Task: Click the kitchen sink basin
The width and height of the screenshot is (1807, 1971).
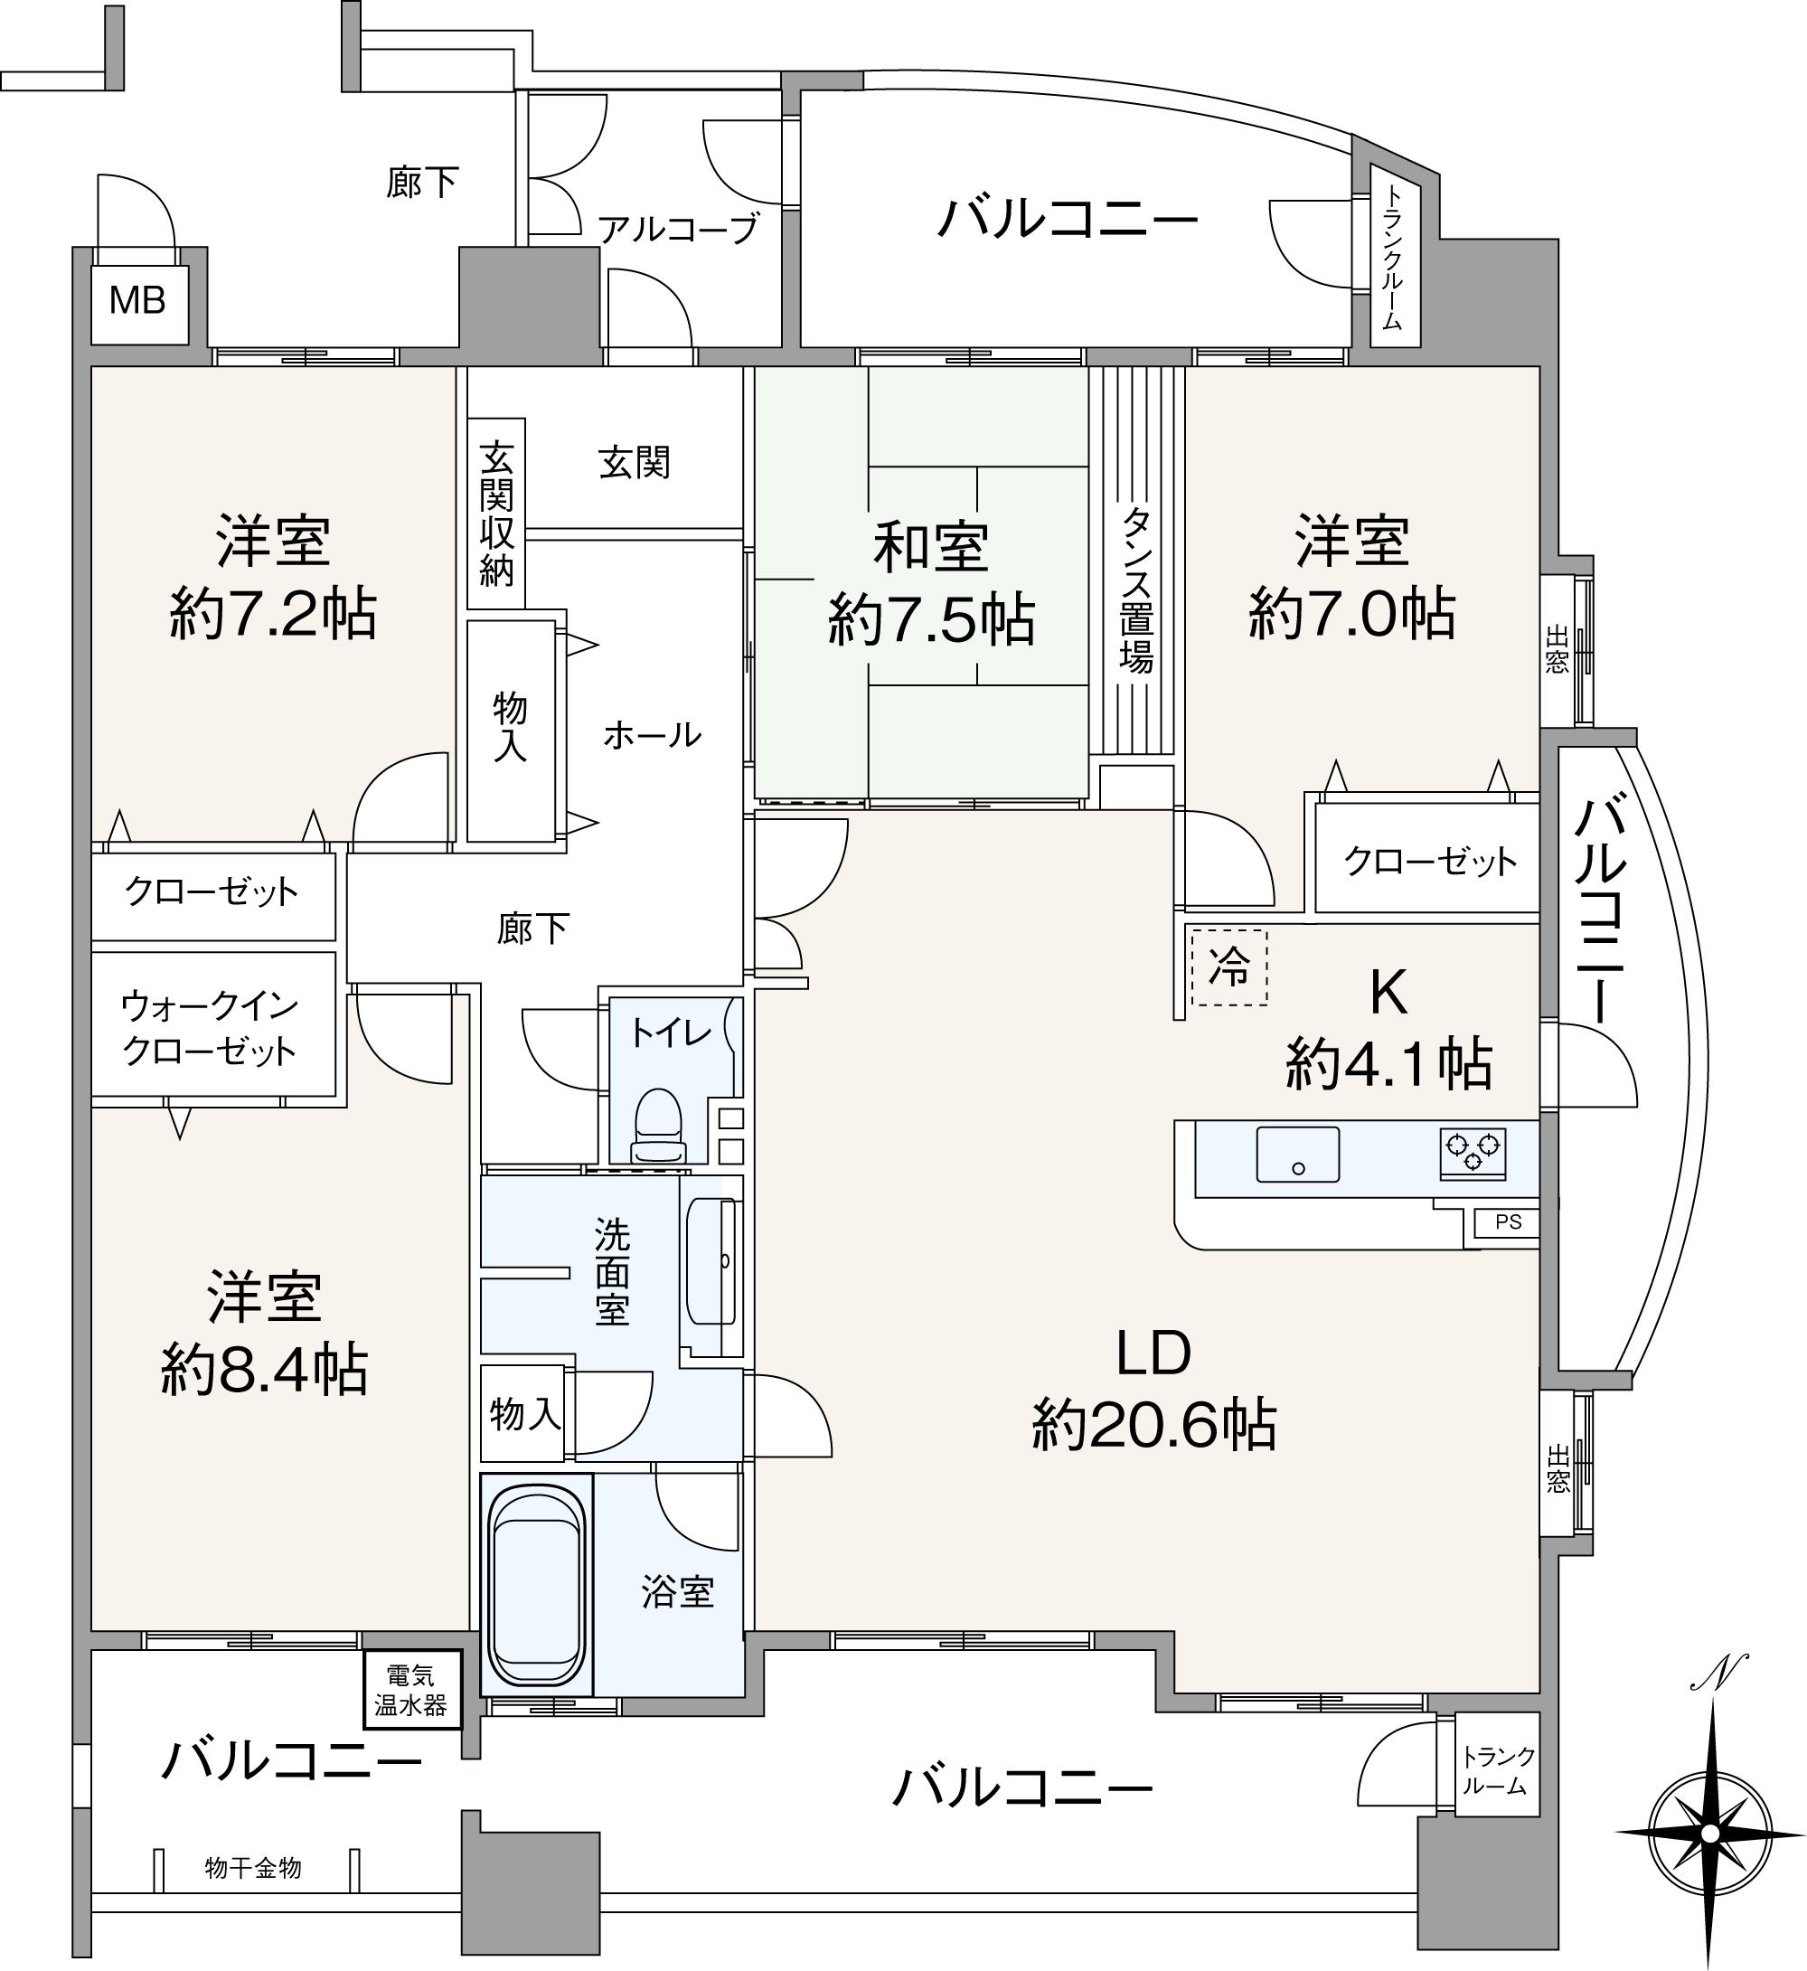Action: pyautogui.click(x=1297, y=1155)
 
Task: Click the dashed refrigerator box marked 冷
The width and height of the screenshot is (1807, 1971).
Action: pyautogui.click(x=1229, y=967)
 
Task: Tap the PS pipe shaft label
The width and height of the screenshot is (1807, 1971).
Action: pyautogui.click(x=1508, y=1221)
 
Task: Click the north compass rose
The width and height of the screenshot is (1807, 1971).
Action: pyautogui.click(x=1710, y=1831)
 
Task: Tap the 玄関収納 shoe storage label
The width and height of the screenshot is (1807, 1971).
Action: pyautogui.click(x=497, y=514)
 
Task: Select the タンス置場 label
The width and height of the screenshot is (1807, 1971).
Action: pyautogui.click(x=1136, y=589)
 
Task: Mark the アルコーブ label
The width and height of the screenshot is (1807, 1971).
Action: pyautogui.click(x=678, y=229)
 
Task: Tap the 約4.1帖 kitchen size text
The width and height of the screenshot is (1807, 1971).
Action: pyautogui.click(x=1388, y=1064)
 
